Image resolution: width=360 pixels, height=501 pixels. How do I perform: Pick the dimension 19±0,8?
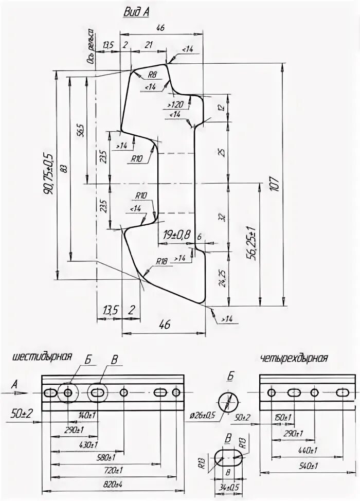[177, 235]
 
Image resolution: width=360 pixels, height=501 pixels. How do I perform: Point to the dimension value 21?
[149, 45]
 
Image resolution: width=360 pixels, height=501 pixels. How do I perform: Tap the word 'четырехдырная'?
[294, 358]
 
